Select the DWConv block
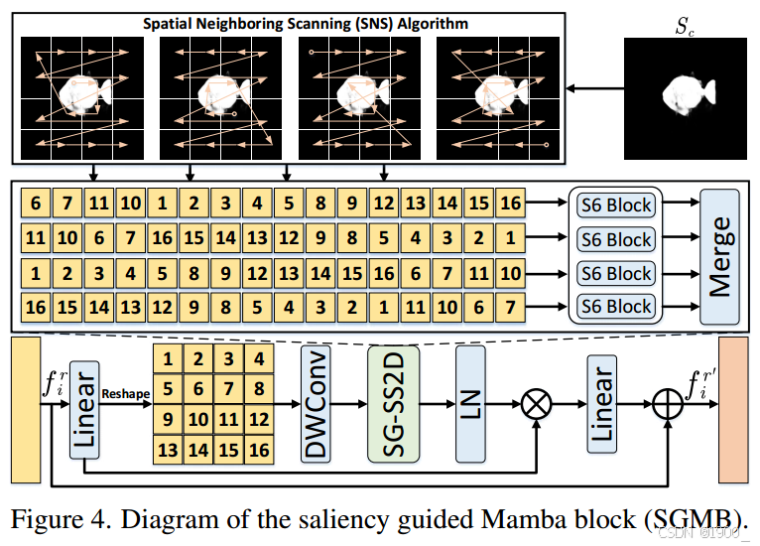317,404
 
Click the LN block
472,404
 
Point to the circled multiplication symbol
537,405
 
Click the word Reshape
125,394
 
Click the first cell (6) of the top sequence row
36,205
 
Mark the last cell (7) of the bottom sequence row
509,307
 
